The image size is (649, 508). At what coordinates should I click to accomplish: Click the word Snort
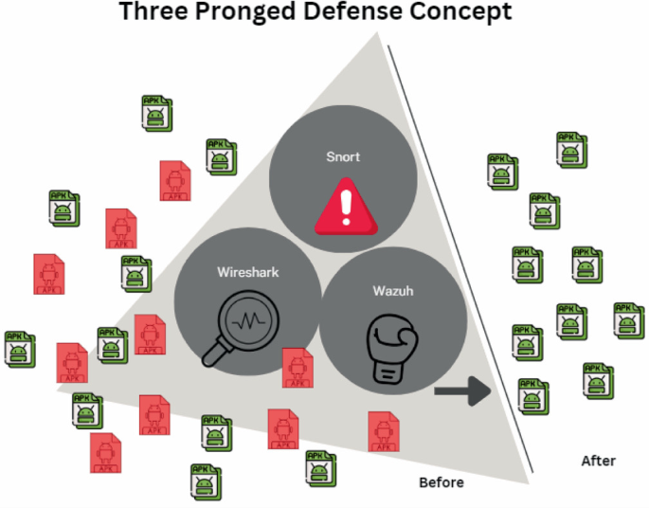pos(343,156)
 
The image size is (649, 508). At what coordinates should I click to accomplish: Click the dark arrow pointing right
pos(462,390)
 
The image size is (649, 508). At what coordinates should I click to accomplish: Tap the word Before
pos(442,482)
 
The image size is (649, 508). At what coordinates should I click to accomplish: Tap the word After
pos(598,461)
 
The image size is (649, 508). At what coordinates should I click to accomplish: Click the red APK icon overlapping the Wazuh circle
pos(297,368)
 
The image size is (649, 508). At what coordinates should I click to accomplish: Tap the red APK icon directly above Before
pos(383,431)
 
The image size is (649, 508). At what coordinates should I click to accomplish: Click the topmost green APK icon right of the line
pos(571,150)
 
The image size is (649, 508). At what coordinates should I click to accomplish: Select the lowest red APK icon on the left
pos(106,452)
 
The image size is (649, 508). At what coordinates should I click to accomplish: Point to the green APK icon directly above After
pos(596,380)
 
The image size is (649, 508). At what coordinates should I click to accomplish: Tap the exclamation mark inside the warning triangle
pos(345,205)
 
